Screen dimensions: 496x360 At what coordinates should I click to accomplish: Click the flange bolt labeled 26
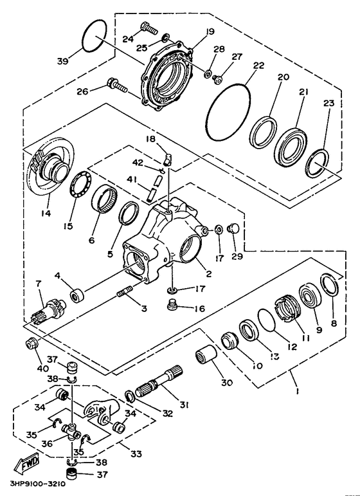point(117,84)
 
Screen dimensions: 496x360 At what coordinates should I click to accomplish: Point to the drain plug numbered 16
point(172,304)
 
